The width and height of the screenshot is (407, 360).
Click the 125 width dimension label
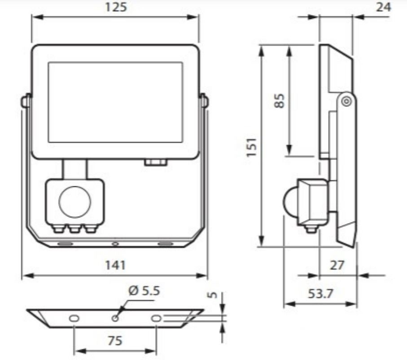click(x=116, y=7)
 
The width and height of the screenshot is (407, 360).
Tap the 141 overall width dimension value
click(x=115, y=265)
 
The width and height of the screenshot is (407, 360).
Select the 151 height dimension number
click(x=252, y=148)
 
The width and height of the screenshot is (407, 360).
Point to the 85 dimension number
click(x=280, y=101)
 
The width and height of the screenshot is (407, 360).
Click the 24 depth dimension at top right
click(x=383, y=7)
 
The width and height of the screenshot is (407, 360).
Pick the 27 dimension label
click(x=337, y=265)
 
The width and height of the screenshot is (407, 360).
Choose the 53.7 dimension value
click(x=320, y=294)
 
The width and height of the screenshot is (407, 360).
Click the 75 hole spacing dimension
click(x=115, y=341)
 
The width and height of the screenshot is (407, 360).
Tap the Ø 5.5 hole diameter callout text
click(x=144, y=291)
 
